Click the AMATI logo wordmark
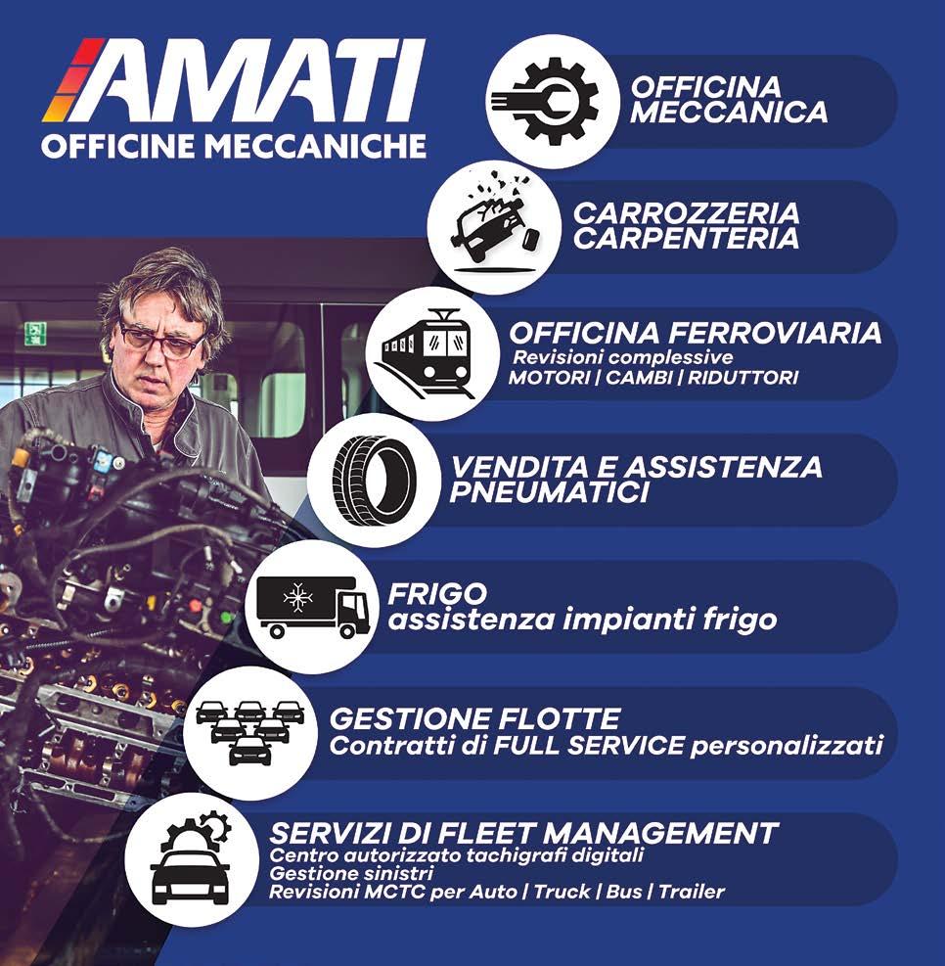[x=234, y=80]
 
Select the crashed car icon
[x=491, y=225]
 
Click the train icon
[x=427, y=353]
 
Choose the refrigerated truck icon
[x=312, y=607]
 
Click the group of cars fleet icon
[x=250, y=732]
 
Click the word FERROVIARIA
[x=775, y=334]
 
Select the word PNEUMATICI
[x=549, y=493]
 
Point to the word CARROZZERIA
[x=687, y=213]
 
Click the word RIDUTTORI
[x=742, y=378]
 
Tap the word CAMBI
[x=639, y=378]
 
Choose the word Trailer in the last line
[x=692, y=892]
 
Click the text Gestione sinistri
[x=351, y=874]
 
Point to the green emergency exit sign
[x=36, y=333]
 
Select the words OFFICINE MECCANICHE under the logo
[x=234, y=146]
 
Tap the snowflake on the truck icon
[x=297, y=597]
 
